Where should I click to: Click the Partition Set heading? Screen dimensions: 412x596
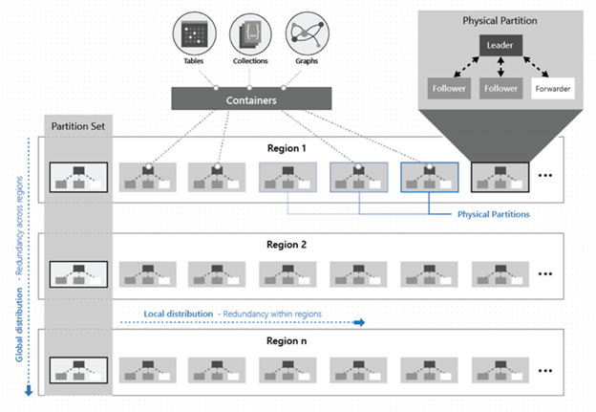point(78,125)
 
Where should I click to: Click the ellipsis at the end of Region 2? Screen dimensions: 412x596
point(545,273)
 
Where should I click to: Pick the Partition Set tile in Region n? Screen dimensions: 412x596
point(78,369)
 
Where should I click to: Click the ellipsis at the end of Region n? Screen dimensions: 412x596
point(545,369)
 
